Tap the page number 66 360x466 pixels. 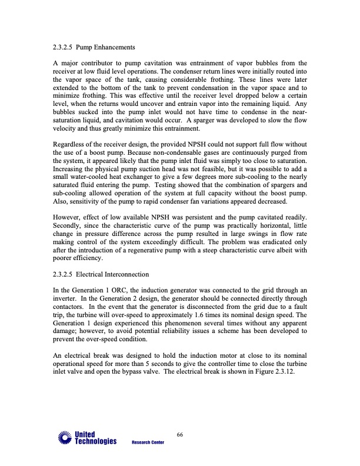[x=180, y=434]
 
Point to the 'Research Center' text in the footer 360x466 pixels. [x=148, y=442]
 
